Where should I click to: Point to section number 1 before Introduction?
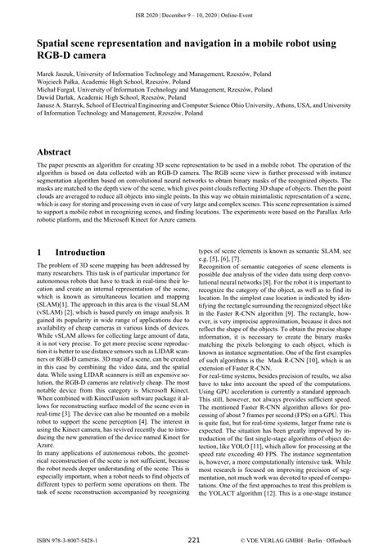(41, 254)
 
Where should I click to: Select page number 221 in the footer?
(193, 540)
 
